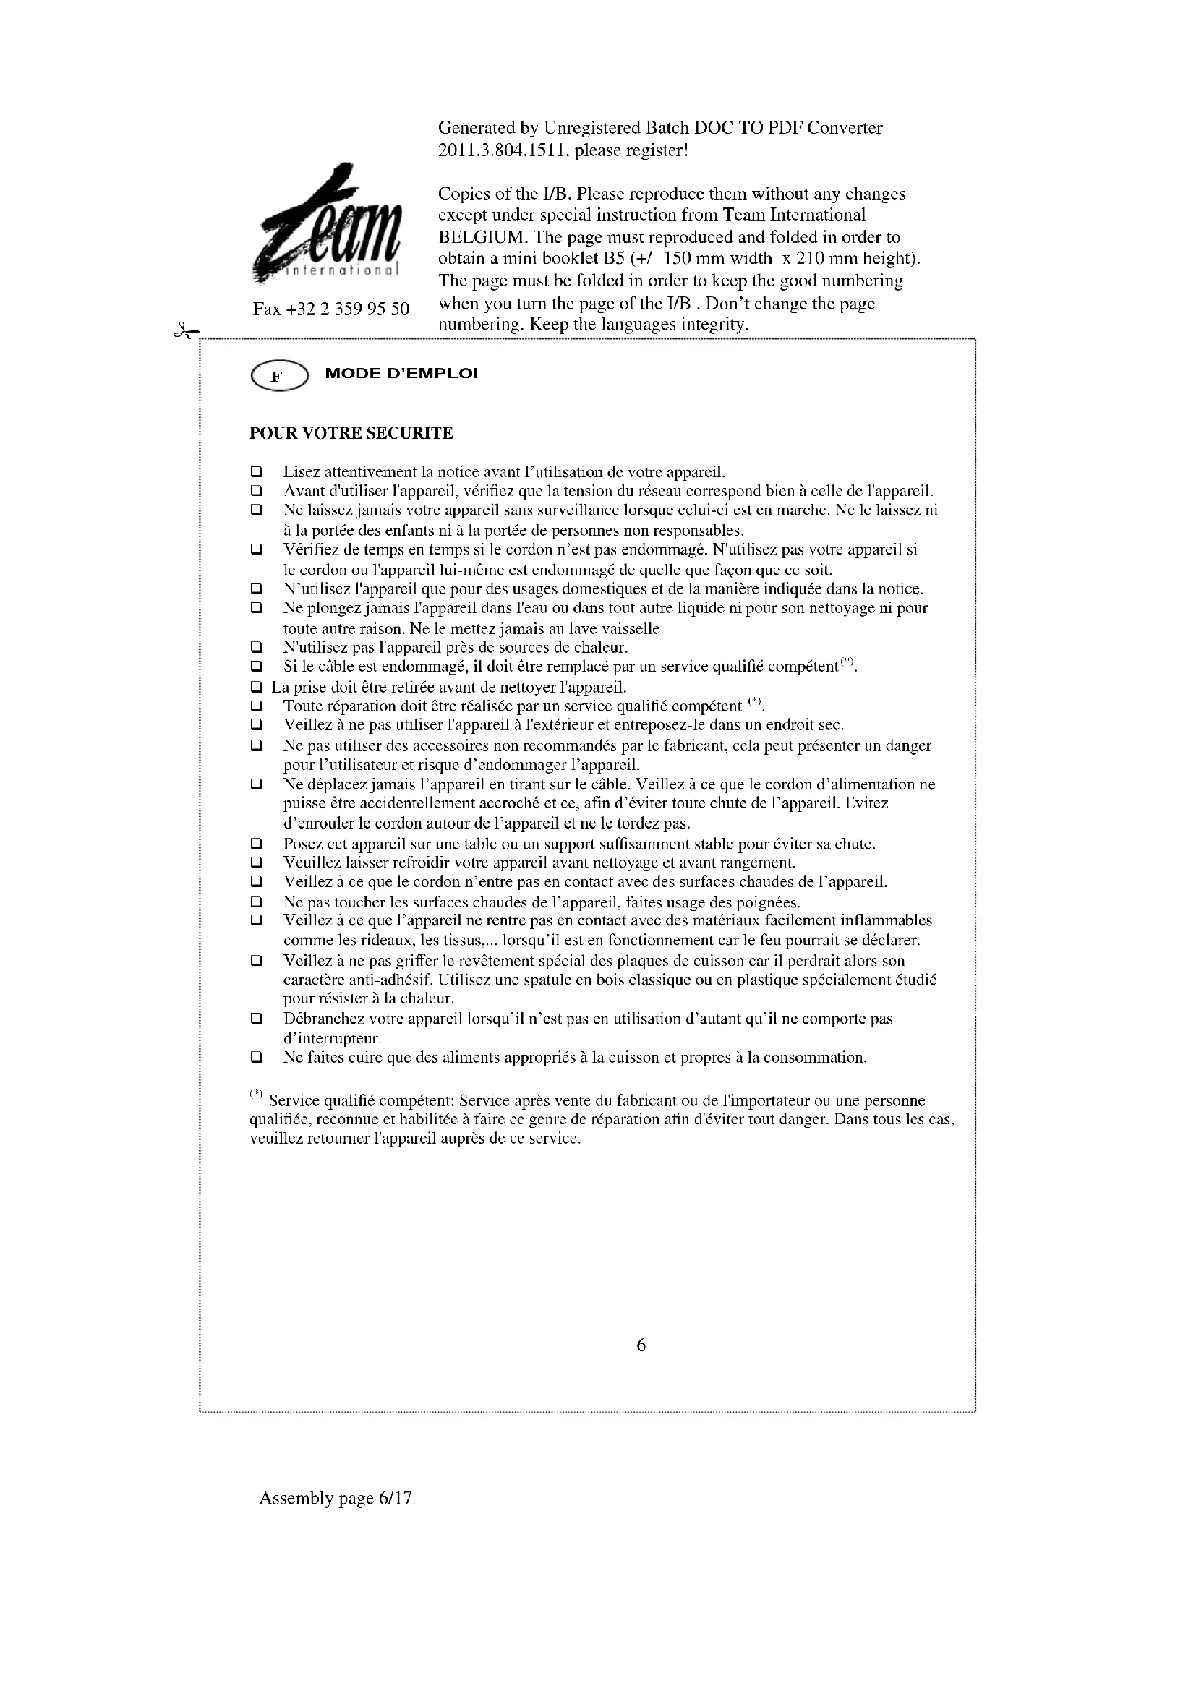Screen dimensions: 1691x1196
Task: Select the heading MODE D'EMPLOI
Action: tap(401, 373)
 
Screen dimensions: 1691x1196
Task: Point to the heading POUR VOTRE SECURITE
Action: tap(351, 433)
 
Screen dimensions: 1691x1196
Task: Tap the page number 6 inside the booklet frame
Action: tap(641, 1345)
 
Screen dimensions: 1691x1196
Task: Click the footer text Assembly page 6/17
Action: tap(335, 1497)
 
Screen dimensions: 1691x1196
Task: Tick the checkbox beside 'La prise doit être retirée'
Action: tap(256, 687)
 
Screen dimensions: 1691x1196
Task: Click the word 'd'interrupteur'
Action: tap(332, 1038)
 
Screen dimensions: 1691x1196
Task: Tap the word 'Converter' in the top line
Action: tap(844, 128)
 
